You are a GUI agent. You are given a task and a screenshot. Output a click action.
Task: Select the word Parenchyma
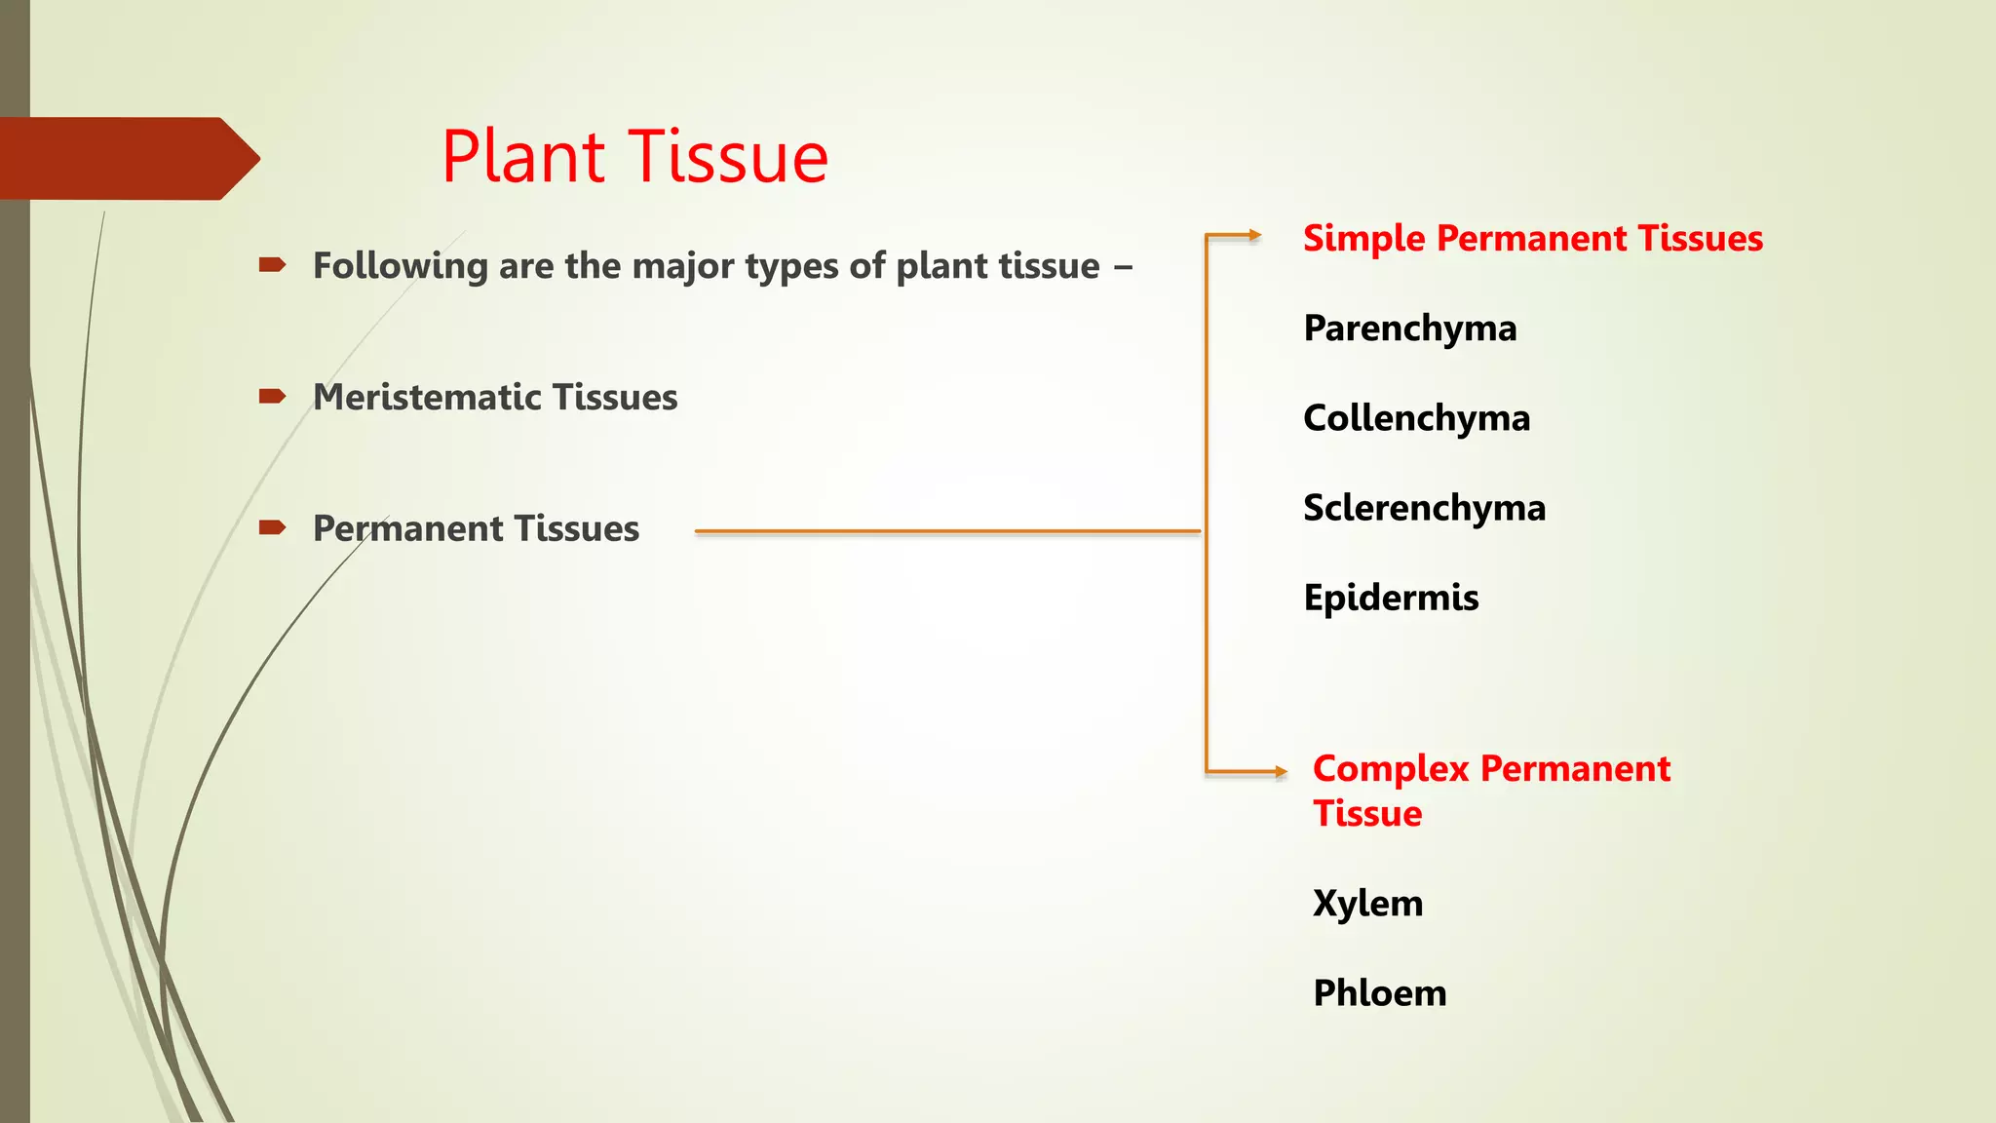pos(1409,329)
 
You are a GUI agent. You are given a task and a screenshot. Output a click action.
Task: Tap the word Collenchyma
pos(1416,418)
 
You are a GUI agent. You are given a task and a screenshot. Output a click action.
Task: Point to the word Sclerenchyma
pos(1424,508)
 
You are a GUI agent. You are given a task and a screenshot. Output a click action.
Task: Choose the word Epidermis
pos(1391,598)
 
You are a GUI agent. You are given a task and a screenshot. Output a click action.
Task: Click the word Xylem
pos(1367,904)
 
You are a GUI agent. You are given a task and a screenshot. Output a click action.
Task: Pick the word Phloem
pos(1379,993)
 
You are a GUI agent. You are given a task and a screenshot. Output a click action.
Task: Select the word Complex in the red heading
pos(1391,769)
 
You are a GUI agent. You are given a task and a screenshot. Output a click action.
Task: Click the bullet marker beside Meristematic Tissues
pos(272,396)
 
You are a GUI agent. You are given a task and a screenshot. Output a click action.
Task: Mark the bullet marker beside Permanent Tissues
pos(272,527)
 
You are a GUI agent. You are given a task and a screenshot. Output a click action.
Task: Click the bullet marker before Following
pos(272,264)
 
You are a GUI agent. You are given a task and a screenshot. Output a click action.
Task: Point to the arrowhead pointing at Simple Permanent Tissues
pos(1255,235)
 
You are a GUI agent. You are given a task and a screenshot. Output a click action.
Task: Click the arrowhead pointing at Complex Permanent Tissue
pos(1281,772)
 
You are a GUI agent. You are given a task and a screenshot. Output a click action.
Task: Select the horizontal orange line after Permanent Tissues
pos(945,531)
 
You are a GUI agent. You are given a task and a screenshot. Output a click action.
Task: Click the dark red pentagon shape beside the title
pos(127,158)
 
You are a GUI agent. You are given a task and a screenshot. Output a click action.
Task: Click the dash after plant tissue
pos(1123,267)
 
